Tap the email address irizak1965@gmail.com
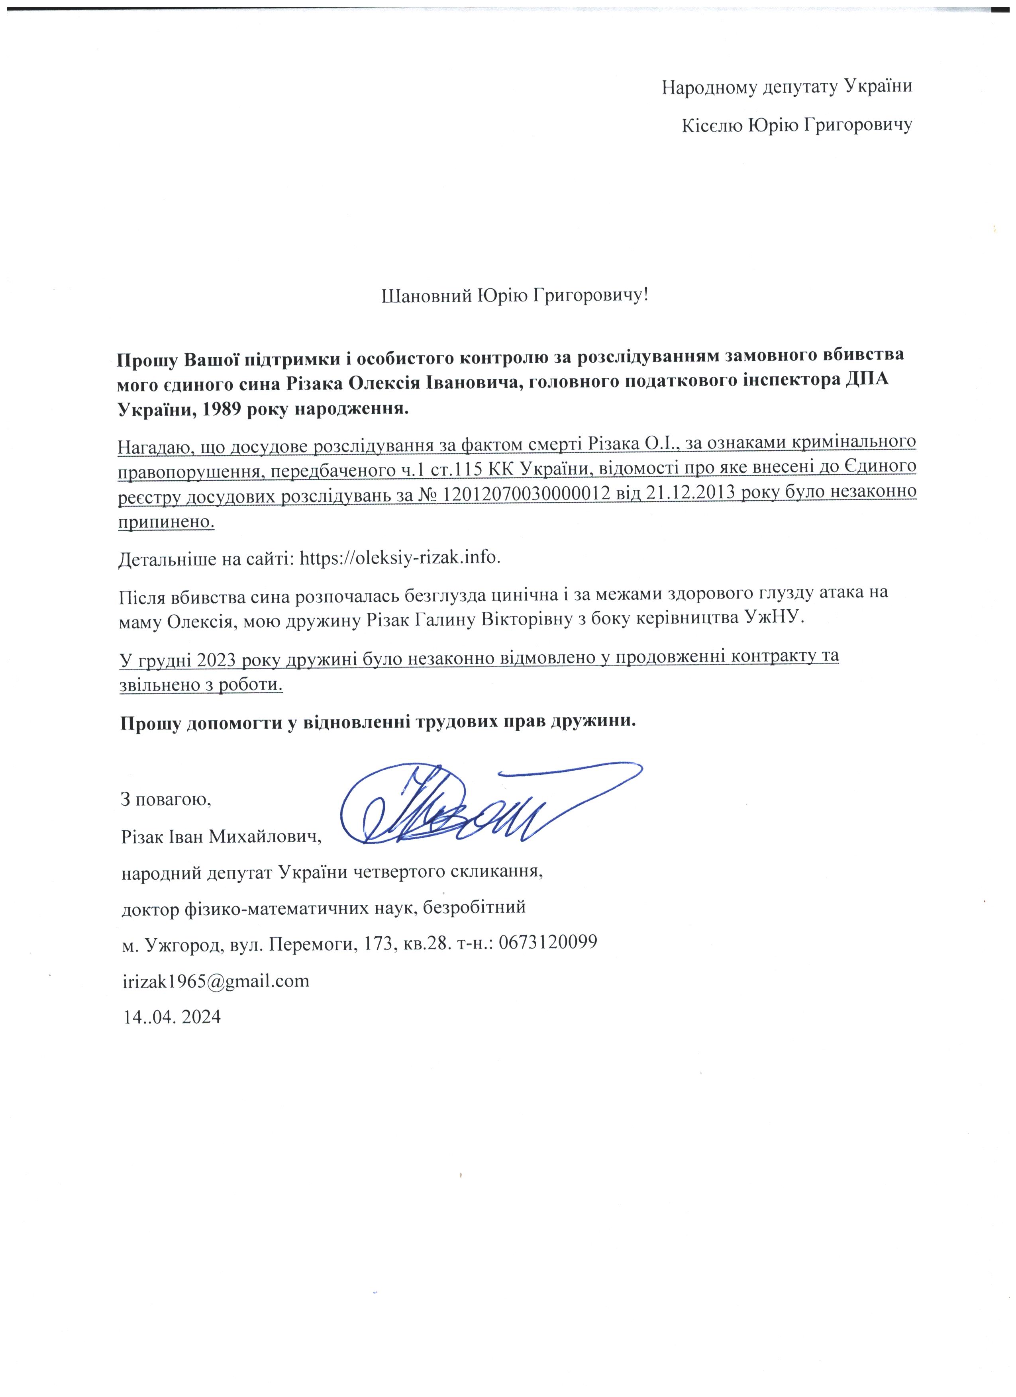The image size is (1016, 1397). (216, 980)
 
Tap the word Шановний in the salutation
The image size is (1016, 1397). (427, 296)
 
